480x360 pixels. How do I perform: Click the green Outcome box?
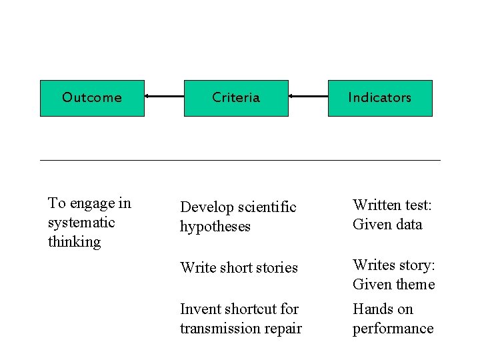tap(92, 98)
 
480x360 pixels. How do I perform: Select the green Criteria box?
tap(236, 98)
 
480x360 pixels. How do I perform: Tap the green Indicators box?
tap(380, 98)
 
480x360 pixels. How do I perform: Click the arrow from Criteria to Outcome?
tap(164, 97)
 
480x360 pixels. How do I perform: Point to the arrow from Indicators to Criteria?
tap(308, 97)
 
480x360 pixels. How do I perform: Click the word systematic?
tap(81, 223)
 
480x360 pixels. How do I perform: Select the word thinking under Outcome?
tap(74, 242)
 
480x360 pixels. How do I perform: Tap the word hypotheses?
tap(215, 227)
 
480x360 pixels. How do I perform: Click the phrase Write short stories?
tap(239, 268)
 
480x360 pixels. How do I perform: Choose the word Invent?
tap(199, 309)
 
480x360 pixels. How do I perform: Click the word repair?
tap(283, 329)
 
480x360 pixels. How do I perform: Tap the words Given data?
tap(387, 224)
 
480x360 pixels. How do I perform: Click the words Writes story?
tap(393, 265)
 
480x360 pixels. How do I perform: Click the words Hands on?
tap(383, 309)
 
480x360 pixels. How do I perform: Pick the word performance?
tap(393, 329)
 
